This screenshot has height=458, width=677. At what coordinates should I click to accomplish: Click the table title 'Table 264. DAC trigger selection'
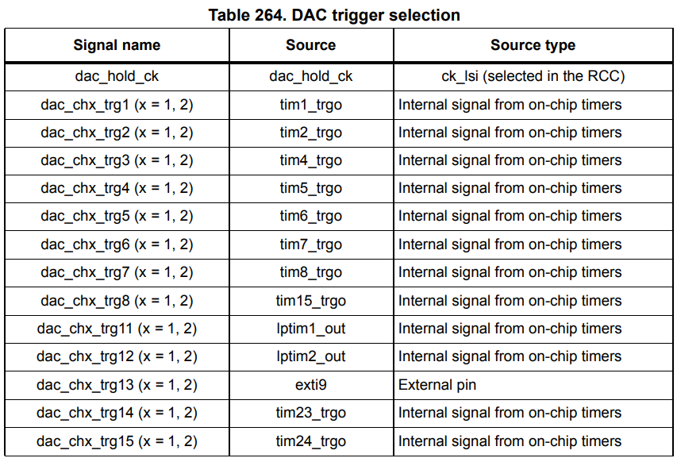[334, 15]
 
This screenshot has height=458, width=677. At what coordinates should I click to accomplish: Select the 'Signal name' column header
[117, 45]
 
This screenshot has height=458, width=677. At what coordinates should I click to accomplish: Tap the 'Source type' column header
[533, 45]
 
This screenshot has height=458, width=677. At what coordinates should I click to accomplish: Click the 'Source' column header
[311, 45]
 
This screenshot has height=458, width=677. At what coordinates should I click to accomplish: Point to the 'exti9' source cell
[311, 385]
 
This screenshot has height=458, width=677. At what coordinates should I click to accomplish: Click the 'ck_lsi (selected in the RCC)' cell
[533, 77]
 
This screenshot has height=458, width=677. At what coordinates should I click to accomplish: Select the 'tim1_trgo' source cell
[311, 105]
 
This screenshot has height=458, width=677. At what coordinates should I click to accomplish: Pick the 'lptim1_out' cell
[311, 329]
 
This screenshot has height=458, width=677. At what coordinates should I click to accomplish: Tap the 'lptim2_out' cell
[311, 356]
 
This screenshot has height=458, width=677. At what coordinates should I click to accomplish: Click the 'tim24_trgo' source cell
[311, 441]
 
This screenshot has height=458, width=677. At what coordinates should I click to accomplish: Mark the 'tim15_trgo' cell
[311, 301]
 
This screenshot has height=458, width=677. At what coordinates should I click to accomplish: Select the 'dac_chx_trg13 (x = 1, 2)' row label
[117, 385]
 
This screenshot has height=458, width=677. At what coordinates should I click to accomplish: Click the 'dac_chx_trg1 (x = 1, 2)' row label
[117, 105]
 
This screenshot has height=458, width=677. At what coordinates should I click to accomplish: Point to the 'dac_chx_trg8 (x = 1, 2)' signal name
[117, 301]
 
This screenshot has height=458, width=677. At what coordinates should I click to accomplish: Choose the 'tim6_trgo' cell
[311, 216]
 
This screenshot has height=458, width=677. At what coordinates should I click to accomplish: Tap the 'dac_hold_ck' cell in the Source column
[311, 77]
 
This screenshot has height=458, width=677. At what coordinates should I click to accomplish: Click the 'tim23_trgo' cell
[311, 413]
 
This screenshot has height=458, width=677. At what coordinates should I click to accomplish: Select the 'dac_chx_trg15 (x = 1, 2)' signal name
[117, 441]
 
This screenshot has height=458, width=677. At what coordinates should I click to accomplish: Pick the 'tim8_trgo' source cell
[311, 272]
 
